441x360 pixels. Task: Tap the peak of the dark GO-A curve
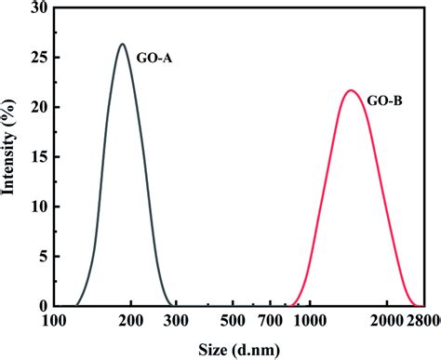click(122, 44)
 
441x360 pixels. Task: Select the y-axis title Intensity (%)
click(11, 156)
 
